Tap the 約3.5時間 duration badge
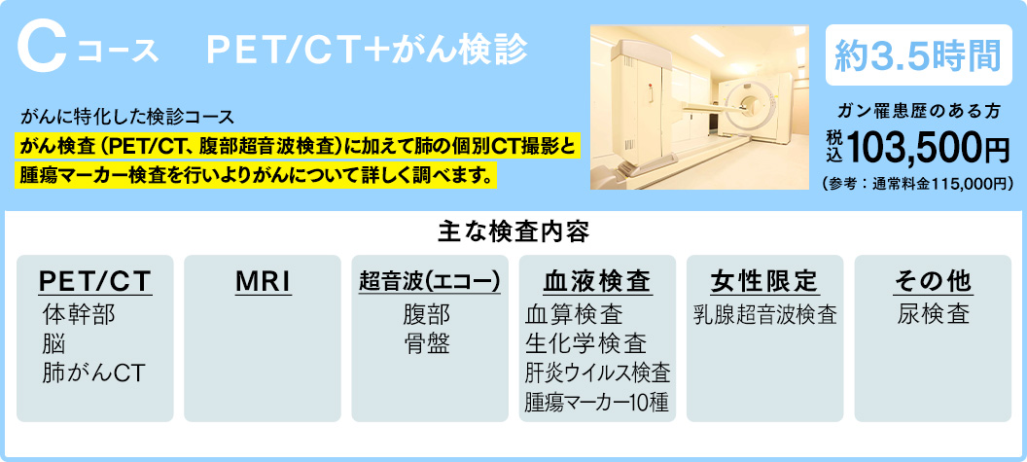click(918, 55)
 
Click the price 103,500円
click(928, 148)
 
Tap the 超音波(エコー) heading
click(430, 282)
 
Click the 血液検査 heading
click(597, 282)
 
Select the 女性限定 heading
click(765, 282)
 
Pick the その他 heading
click(933, 282)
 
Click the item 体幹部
click(79, 314)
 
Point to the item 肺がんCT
click(93, 373)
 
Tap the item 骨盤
click(426, 344)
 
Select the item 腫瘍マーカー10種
click(596, 402)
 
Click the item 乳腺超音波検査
click(765, 314)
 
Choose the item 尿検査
click(934, 314)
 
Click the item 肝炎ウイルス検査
click(597, 373)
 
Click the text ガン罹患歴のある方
click(919, 112)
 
